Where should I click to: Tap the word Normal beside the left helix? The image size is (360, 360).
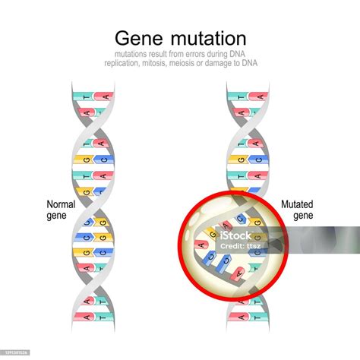[x=61, y=204]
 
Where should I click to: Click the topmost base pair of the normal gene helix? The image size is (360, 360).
[x=93, y=96]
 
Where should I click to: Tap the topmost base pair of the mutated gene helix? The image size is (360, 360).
[x=246, y=96]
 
